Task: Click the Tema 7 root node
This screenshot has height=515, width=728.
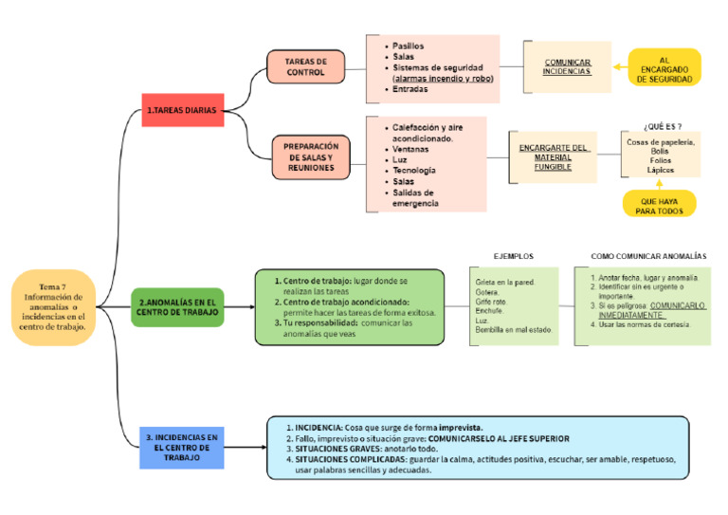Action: (x=54, y=306)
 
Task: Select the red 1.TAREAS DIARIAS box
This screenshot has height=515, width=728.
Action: (x=181, y=110)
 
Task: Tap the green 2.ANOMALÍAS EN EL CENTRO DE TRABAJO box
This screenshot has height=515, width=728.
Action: (x=177, y=306)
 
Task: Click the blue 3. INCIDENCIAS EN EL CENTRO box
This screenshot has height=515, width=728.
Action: (x=182, y=447)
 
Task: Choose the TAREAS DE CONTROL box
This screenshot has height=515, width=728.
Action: (x=305, y=66)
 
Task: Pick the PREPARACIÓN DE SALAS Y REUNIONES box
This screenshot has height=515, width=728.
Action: (x=311, y=156)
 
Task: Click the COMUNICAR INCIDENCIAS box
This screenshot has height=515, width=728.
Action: (x=567, y=66)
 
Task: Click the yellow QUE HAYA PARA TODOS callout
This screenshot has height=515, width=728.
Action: (x=660, y=206)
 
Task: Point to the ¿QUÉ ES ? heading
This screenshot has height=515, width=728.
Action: (x=662, y=125)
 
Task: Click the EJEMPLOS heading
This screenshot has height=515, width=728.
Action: (x=514, y=256)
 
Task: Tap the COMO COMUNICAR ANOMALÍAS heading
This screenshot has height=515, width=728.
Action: (x=648, y=256)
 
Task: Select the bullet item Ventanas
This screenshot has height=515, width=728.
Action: (x=412, y=149)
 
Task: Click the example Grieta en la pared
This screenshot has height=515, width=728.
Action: (x=505, y=282)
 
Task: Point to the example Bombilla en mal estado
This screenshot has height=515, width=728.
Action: (x=514, y=330)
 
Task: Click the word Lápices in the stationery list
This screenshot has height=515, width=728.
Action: (x=661, y=170)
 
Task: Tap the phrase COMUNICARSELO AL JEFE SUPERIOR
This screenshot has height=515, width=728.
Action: (x=499, y=439)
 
